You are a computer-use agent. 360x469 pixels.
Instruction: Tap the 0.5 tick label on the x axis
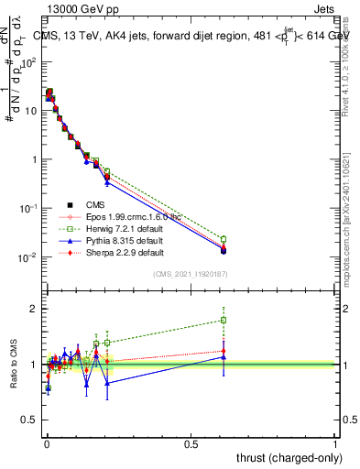[x=191, y=443]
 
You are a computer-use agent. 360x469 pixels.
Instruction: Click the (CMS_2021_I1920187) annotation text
[x=190, y=274]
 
